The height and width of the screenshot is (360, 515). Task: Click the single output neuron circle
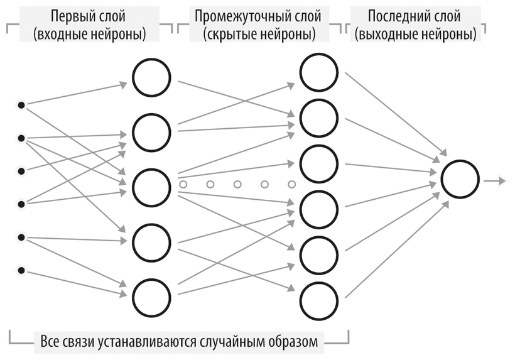460,179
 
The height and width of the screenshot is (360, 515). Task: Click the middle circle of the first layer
151,186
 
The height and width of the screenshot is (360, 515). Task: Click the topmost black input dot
21,105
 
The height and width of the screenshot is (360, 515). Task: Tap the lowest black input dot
21,270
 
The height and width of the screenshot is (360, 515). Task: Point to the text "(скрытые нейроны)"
259,35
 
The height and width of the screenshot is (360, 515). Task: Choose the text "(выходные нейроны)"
415,35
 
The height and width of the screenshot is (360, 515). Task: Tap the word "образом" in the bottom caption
295,342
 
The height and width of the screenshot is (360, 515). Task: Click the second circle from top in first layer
151,131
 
